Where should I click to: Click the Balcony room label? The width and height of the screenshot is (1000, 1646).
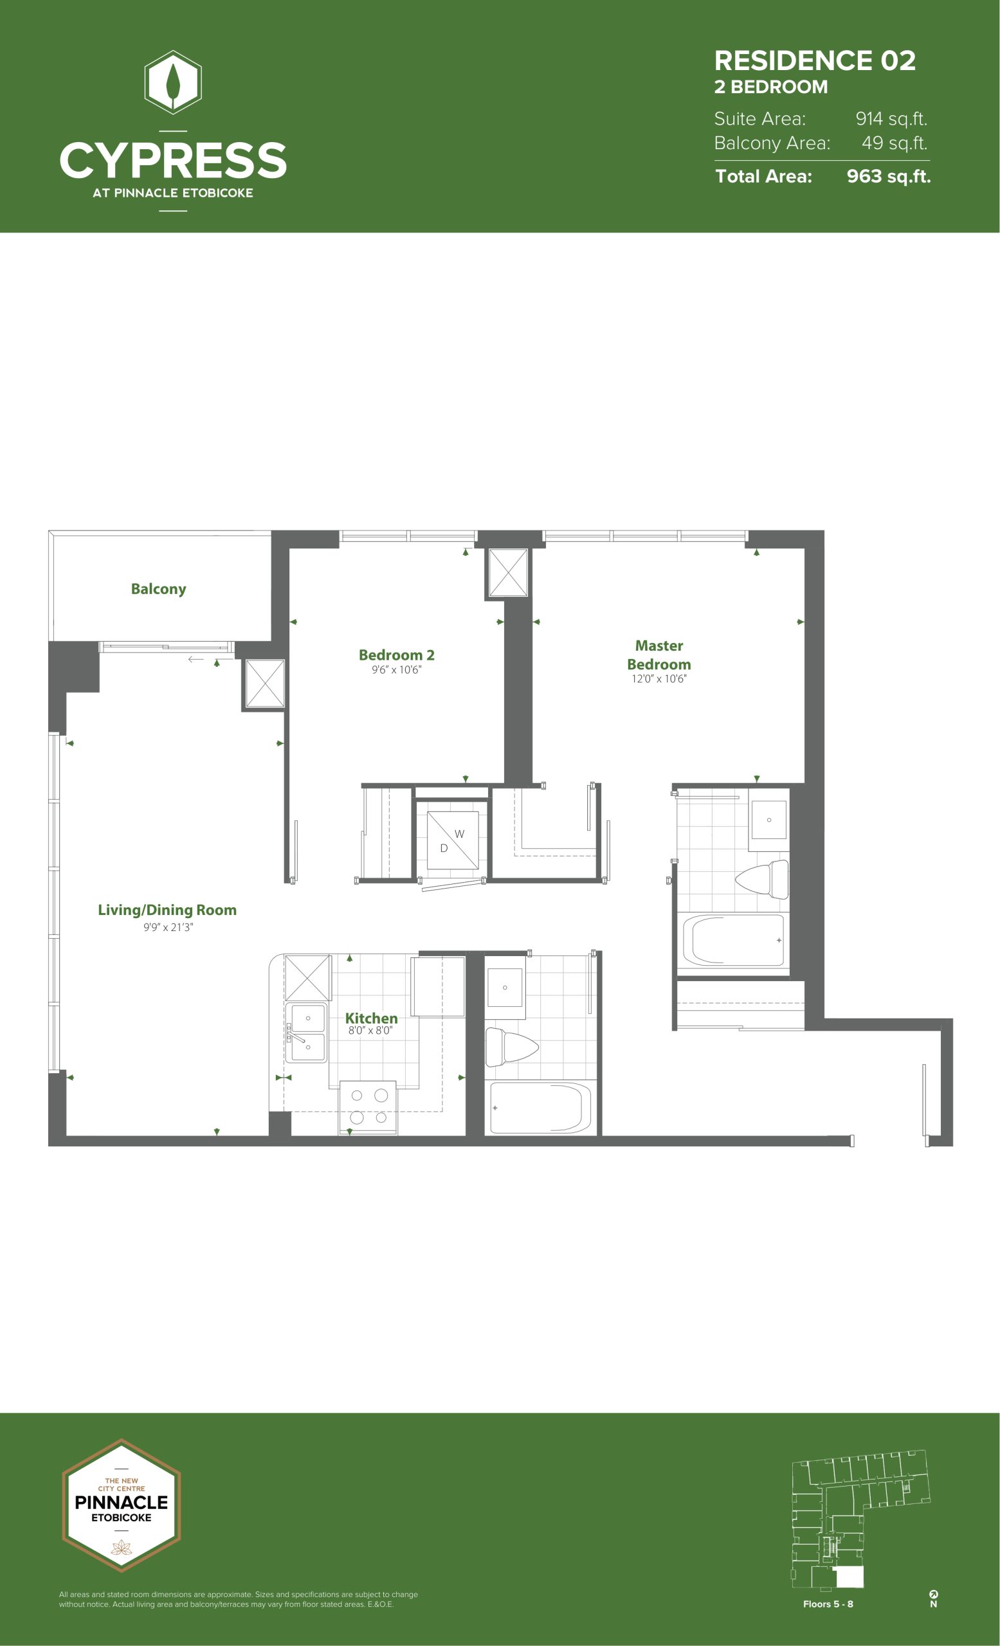coord(158,588)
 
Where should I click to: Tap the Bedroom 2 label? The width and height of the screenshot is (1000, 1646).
coord(397,655)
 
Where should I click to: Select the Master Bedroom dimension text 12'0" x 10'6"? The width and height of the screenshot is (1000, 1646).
coord(659,679)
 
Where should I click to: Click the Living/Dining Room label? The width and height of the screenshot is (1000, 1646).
coord(167,910)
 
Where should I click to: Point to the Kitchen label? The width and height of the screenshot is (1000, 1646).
coord(372,1018)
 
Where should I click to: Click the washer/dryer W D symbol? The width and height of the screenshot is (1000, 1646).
coord(452,840)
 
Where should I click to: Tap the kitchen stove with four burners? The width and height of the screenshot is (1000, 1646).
coord(368,1107)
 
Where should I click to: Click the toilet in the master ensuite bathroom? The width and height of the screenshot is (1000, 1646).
coord(761,879)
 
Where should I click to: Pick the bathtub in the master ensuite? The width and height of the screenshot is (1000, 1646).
coord(733,940)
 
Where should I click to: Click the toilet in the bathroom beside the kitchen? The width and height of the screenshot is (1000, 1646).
coord(511,1047)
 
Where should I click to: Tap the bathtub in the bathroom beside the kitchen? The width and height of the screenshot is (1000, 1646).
coord(540,1108)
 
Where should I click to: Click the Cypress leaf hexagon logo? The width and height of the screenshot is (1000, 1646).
coord(173,82)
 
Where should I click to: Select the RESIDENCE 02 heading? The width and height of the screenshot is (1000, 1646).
coord(815,61)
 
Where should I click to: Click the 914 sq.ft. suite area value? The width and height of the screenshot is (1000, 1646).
coord(891,119)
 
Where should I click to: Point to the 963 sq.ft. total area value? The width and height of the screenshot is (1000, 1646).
coord(889,176)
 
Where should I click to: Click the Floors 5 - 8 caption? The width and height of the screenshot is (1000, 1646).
coord(828,1604)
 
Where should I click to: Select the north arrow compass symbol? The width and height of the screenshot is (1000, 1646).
coord(933,1598)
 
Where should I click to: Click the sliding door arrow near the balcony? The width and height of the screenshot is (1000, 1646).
coord(195,659)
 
